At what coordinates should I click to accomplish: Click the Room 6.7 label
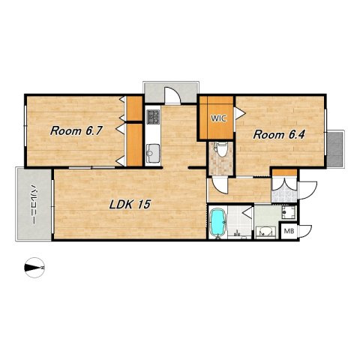click(x=76, y=130)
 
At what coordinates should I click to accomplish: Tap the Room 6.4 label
click(x=279, y=135)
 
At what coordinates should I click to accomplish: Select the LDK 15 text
click(x=130, y=205)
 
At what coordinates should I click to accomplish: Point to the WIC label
click(x=218, y=118)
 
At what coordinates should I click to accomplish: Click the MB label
click(x=289, y=231)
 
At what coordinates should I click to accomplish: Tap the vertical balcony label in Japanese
click(x=34, y=205)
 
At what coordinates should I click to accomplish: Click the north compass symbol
click(x=34, y=268)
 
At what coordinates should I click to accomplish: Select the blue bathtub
click(x=217, y=222)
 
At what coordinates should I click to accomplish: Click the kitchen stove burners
click(x=153, y=117)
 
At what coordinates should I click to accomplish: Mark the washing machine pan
click(x=289, y=213)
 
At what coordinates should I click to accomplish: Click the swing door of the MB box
click(x=305, y=231)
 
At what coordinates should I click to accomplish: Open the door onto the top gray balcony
click(x=172, y=95)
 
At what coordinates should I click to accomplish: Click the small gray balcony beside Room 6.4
click(x=336, y=148)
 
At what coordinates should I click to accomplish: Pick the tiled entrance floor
click(x=284, y=196)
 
